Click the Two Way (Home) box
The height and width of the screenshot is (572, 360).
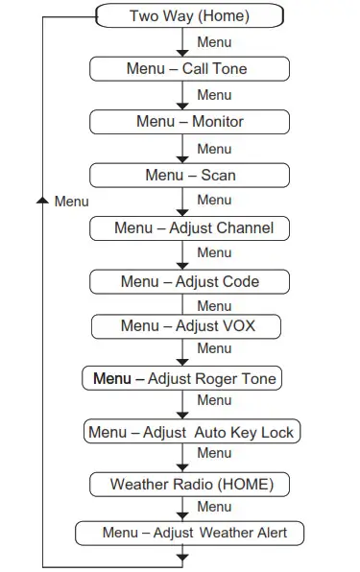(x=189, y=16)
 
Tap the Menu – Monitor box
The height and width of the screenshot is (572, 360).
(x=189, y=122)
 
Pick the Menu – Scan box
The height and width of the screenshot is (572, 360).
(x=189, y=175)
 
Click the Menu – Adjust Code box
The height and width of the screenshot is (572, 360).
(x=189, y=281)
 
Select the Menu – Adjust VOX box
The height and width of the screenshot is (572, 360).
(x=187, y=326)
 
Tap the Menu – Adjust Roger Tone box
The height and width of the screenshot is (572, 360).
(x=183, y=378)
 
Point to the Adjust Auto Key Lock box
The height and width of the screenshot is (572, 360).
(x=191, y=432)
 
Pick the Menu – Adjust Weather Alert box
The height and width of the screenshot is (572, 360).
(x=194, y=533)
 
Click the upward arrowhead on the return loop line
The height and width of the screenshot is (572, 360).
(x=41, y=201)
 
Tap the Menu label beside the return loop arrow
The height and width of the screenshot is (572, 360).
(x=71, y=202)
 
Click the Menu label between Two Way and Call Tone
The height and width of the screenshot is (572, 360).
(x=213, y=42)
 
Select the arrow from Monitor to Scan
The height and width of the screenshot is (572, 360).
(x=181, y=149)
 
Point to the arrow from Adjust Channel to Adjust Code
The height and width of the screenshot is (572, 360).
(x=181, y=254)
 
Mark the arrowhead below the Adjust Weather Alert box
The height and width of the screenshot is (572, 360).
(x=181, y=554)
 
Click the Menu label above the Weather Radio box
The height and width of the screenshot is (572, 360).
(x=213, y=453)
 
